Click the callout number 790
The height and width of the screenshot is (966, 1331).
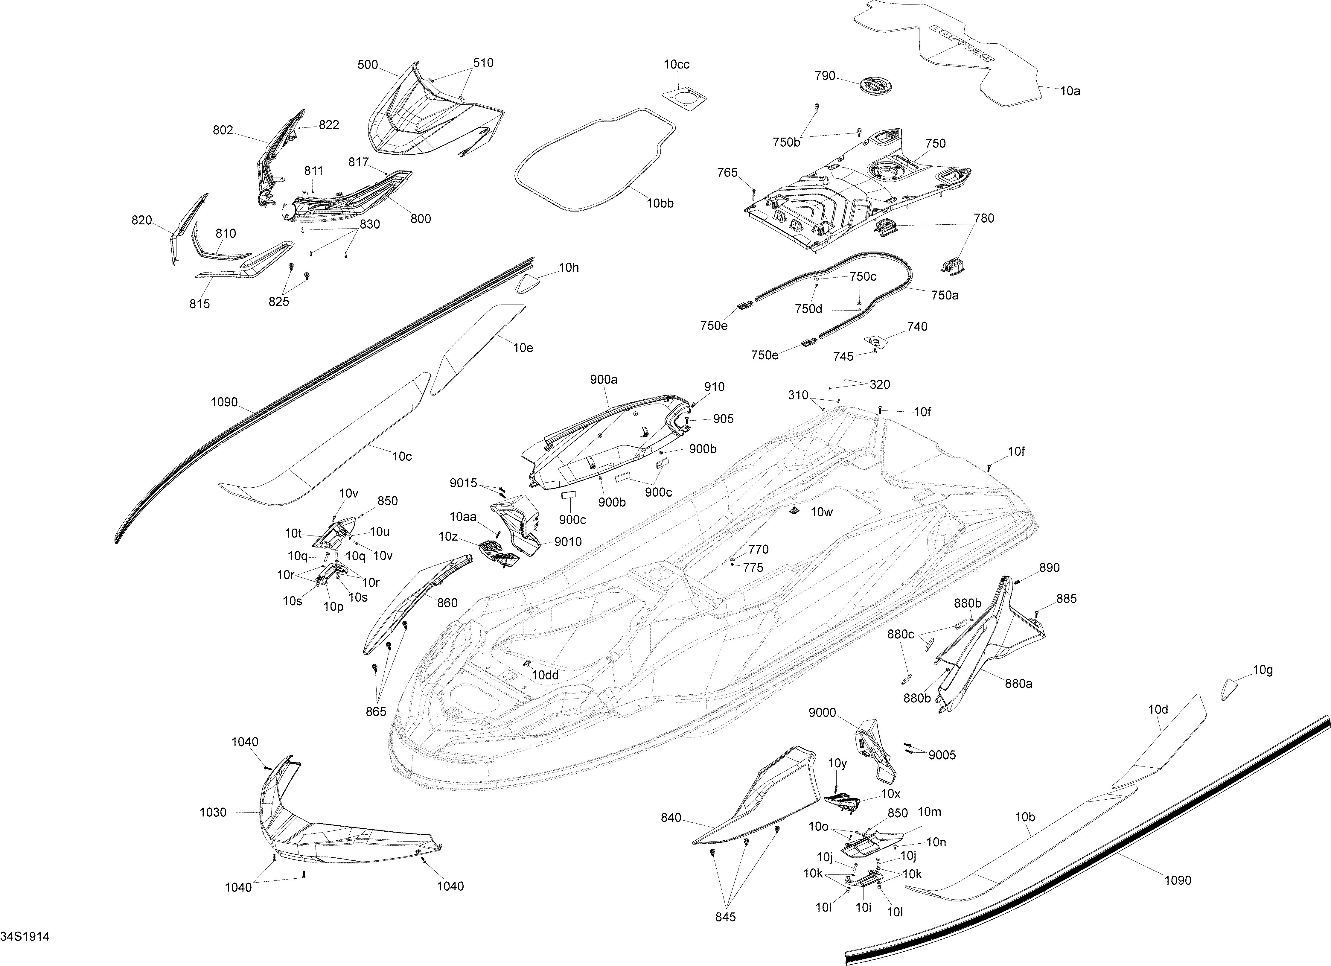pos(825,76)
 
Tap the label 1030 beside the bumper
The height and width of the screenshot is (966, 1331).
pos(213,812)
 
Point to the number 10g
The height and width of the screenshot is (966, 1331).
pos(1263,670)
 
